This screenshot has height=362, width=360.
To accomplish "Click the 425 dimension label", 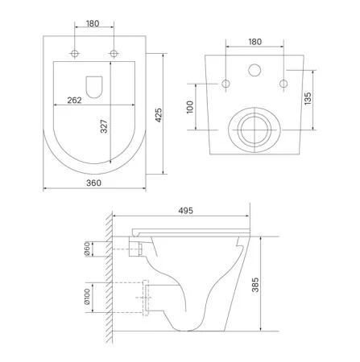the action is point(159,115).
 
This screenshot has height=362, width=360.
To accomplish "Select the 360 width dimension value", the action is point(93,183).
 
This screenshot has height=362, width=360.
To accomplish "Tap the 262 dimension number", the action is point(74,100).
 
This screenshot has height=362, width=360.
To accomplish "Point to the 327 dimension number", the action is point(104,126).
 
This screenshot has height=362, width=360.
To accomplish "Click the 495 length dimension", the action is point(186,211).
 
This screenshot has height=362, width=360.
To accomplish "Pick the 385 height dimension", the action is point(255,285).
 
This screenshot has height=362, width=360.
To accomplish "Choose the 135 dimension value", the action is point(308,98).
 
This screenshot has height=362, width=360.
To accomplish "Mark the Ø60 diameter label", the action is point(87,249).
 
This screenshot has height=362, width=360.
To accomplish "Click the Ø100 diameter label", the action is point(87,296).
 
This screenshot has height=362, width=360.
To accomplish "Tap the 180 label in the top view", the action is point(93,23).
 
